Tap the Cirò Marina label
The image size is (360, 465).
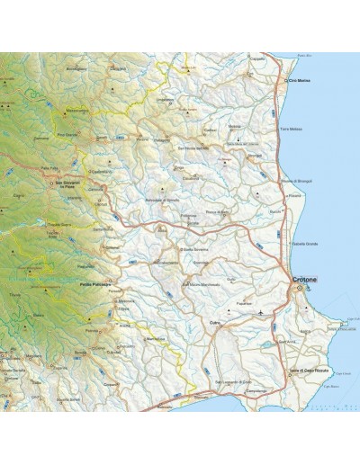tap(300, 81)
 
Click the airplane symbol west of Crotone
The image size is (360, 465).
tap(261, 311)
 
